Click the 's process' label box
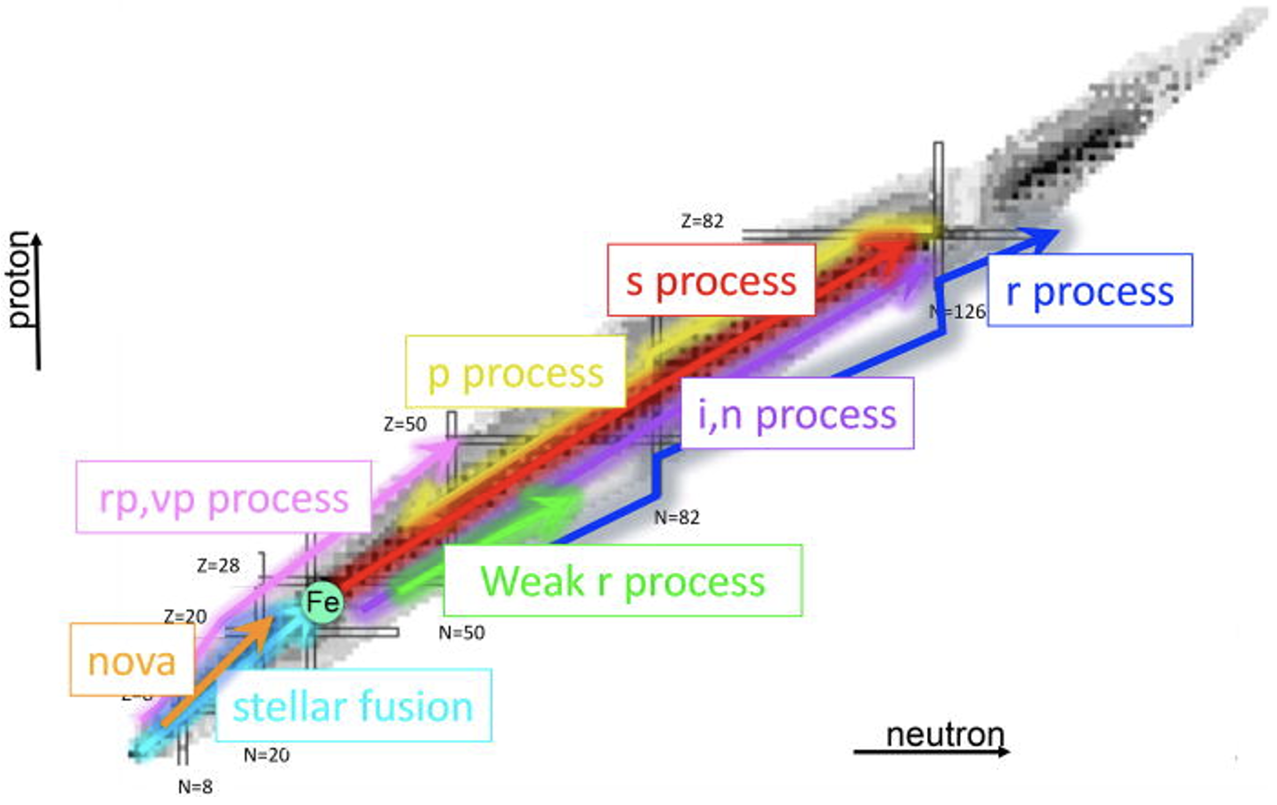711,281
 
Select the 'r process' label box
1089,290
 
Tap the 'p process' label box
515,372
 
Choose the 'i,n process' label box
797,413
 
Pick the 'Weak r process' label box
622,581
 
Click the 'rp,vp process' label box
224,497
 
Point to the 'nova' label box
132,660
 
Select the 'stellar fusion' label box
353,705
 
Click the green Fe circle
321,603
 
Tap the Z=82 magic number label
702,221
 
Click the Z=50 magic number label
405,424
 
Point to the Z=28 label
218,565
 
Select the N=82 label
677,516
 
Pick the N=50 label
461,632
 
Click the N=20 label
266,754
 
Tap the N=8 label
195,786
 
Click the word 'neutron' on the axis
945,735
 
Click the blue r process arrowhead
1042,236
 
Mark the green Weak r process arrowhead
561,505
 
